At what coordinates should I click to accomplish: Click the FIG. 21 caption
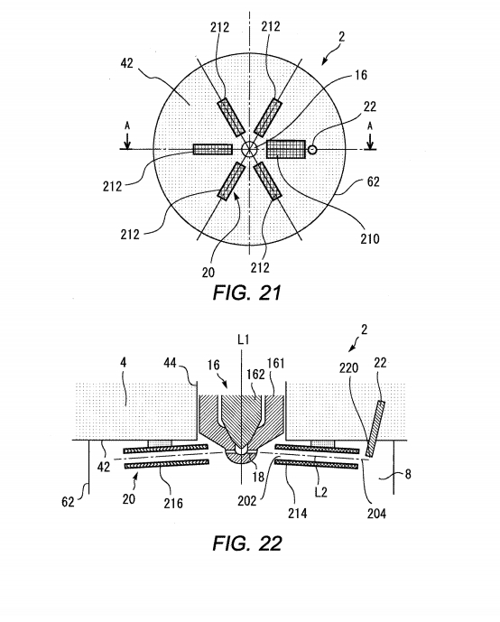pyautogui.click(x=246, y=292)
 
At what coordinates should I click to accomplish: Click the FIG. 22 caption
pyautogui.click(x=247, y=543)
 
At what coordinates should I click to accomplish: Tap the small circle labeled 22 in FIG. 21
pyautogui.click(x=312, y=149)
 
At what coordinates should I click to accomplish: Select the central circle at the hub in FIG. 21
pyautogui.click(x=249, y=150)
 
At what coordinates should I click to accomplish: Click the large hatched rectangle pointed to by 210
pyautogui.click(x=286, y=149)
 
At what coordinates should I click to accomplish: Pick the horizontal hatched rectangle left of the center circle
pyautogui.click(x=212, y=149)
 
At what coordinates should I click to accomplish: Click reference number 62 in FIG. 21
pyautogui.click(x=373, y=181)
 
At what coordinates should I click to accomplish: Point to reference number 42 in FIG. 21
pyautogui.click(x=126, y=63)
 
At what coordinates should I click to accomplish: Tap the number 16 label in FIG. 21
pyautogui.click(x=360, y=75)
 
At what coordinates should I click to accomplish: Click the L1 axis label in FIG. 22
pyautogui.click(x=243, y=339)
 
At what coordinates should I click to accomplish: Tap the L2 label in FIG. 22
pyautogui.click(x=320, y=492)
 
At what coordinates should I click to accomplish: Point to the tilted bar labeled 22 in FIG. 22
pyautogui.click(x=375, y=429)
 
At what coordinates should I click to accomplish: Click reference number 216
pyautogui.click(x=173, y=503)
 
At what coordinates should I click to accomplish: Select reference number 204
pyautogui.click(x=376, y=514)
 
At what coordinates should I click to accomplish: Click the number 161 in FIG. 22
pyautogui.click(x=275, y=363)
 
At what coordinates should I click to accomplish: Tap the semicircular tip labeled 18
pyautogui.click(x=242, y=457)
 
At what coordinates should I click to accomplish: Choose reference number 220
pyautogui.click(x=348, y=367)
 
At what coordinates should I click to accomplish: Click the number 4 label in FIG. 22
pyautogui.click(x=124, y=362)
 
